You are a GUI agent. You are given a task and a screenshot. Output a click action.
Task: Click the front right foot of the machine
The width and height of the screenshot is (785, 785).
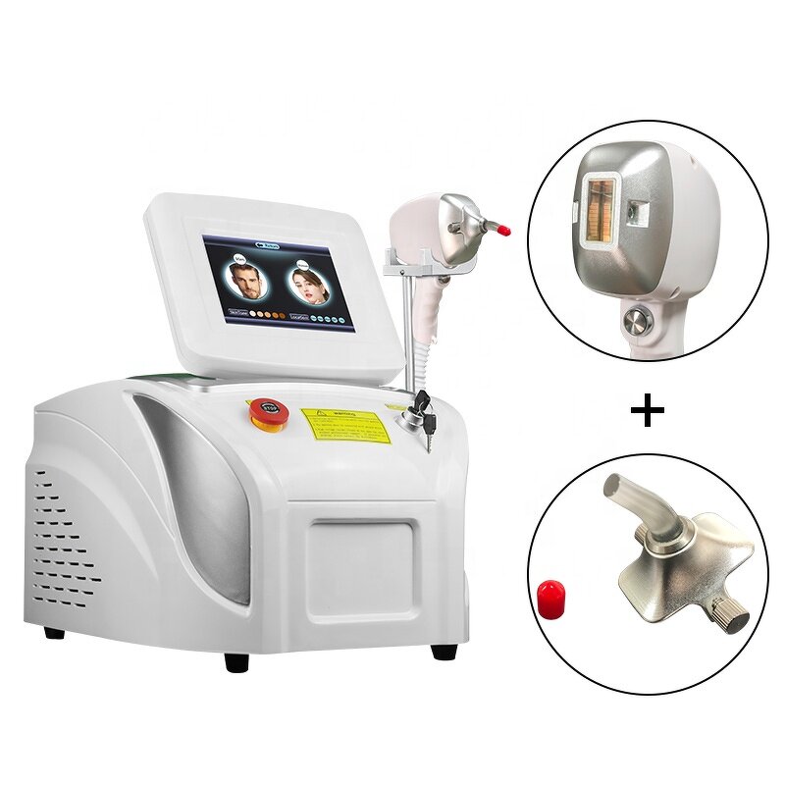pyautogui.click(x=444, y=651)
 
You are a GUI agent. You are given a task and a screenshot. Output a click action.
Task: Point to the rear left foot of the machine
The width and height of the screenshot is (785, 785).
pyautogui.click(x=55, y=632)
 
